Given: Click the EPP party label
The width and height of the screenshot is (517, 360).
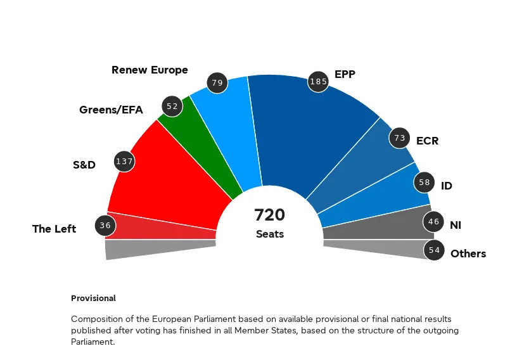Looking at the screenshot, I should click(345, 74).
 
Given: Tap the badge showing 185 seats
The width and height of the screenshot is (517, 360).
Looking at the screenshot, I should click(319, 82).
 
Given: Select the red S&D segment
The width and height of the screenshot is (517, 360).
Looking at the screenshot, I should click(171, 177).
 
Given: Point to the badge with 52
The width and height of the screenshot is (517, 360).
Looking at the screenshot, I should click(172, 106).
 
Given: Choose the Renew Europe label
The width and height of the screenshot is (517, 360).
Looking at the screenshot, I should click(150, 70).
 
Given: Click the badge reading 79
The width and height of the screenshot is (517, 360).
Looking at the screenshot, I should click(218, 82).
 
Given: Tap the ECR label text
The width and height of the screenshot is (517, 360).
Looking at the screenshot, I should click(427, 141).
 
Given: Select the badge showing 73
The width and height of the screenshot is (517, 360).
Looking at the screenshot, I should click(399, 138).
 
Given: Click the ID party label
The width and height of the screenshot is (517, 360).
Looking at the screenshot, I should click(447, 186).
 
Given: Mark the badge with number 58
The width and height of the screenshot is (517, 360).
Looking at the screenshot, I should click(424, 183).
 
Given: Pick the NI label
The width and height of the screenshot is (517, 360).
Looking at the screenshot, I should click(456, 225).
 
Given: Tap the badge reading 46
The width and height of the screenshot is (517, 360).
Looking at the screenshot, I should click(433, 222).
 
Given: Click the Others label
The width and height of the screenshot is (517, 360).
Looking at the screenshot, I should click(468, 254).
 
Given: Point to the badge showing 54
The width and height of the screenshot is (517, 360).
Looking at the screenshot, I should click(434, 250).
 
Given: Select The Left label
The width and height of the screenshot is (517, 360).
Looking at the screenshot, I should click(54, 229).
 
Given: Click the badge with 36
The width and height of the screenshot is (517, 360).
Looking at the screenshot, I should click(105, 225).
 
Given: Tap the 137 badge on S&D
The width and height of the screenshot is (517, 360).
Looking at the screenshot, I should click(124, 162).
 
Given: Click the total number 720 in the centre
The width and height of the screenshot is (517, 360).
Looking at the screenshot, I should click(270, 215).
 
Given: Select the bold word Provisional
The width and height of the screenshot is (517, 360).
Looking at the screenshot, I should click(93, 298).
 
